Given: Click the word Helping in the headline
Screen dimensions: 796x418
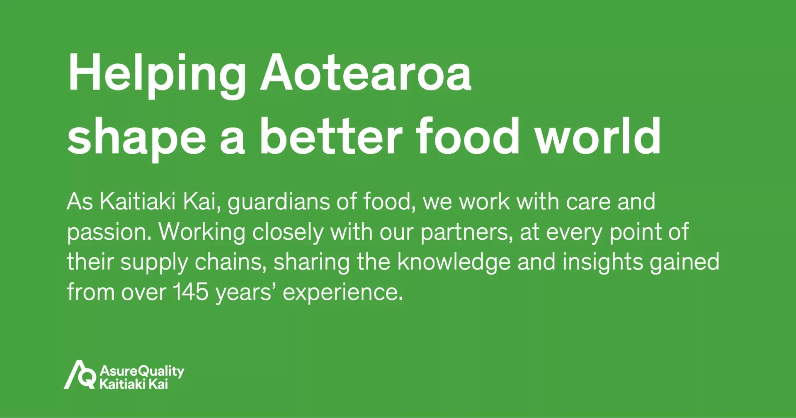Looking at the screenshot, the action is pos(157,75).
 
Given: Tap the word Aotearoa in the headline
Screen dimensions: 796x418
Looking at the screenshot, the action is pos(366,72).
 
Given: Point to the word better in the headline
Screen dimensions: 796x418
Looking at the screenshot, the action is pos(331,135).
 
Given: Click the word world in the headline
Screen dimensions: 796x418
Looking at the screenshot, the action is pos(598,135).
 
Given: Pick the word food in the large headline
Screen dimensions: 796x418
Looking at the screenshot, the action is pos(468,135).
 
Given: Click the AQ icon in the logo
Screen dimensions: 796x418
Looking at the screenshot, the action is pos(80,374).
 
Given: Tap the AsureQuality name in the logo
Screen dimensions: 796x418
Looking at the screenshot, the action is pos(142,371).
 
